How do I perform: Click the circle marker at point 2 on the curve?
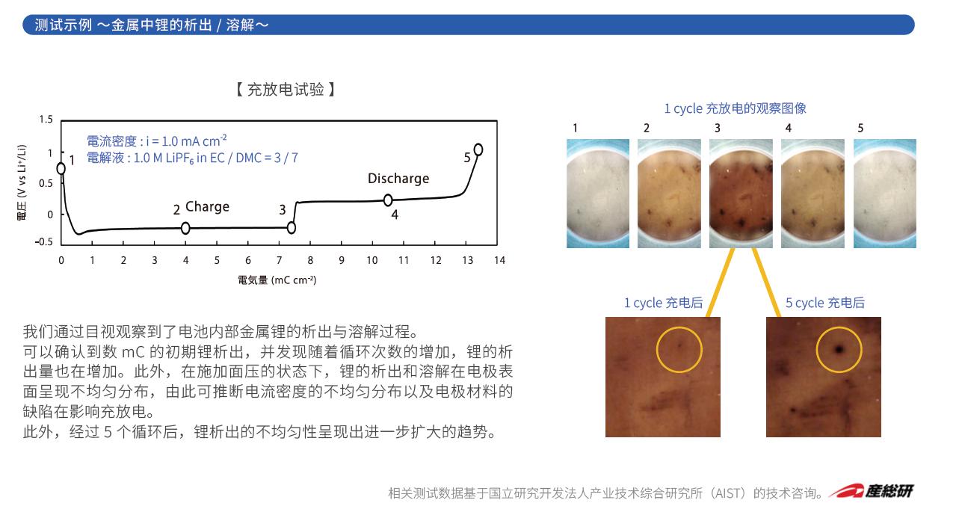pos(185,228)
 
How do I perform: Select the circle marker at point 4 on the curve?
pos(388,200)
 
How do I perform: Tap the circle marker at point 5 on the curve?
pos(478,149)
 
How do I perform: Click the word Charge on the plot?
pos(208,206)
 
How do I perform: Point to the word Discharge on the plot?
pos(398,178)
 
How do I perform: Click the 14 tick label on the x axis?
pos(499,260)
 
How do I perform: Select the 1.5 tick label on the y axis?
pos(46,120)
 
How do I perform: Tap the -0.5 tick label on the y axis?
pos(44,241)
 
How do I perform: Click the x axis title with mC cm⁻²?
pos(277,280)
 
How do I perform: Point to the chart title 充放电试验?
pos(286,90)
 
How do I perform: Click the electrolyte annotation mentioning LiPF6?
pos(192,158)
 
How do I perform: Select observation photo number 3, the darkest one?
pos(741,194)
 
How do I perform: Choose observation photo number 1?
pos(598,194)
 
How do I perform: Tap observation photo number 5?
pos(885,194)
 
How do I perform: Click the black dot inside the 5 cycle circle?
pos(839,349)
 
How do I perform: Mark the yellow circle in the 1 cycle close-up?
pos(679,327)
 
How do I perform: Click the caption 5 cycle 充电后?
pos(825,303)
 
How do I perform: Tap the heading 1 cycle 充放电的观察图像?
pos(736,108)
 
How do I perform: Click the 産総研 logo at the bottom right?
pos(871,491)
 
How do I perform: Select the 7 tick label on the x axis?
pos(279,260)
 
